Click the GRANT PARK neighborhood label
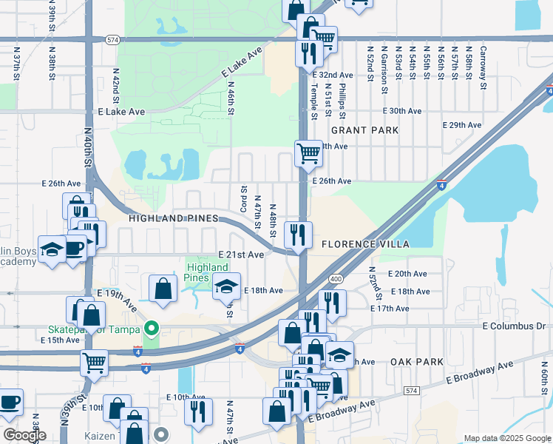click(x=364, y=130)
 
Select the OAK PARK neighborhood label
click(x=417, y=362)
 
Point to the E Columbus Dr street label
click(x=516, y=326)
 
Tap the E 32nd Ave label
click(x=332, y=75)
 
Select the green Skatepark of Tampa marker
click(x=152, y=327)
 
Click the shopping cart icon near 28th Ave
click(x=308, y=154)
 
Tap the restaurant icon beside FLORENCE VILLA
click(x=298, y=235)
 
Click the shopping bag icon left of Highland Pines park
click(x=163, y=289)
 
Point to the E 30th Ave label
click(x=402, y=111)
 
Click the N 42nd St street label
click(x=116, y=87)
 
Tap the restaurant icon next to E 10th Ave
click(x=198, y=411)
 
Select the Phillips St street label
click(x=342, y=101)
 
